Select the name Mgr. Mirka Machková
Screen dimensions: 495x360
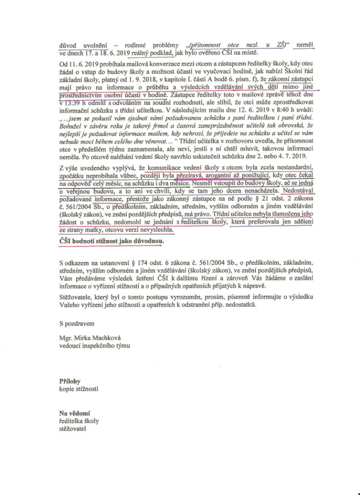pyautogui.click(x=90, y=338)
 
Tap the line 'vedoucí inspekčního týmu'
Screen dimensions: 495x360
pyautogui.click(x=95, y=345)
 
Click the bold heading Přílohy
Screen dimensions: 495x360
pyautogui.click(x=70, y=381)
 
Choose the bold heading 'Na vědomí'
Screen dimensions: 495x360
pyautogui.click(x=75, y=413)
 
